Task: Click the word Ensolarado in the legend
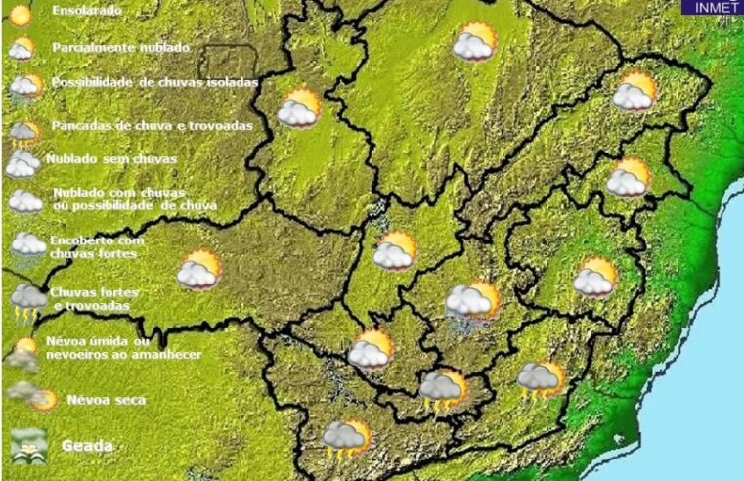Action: pyautogui.click(x=87, y=11)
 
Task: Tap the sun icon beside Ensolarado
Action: pyautogui.click(x=21, y=14)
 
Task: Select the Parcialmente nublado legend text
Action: pyautogui.click(x=120, y=47)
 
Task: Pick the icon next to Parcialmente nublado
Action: pyautogui.click(x=22, y=49)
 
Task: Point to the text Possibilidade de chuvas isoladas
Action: pyautogui.click(x=154, y=83)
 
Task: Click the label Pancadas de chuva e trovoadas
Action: pyautogui.click(x=152, y=126)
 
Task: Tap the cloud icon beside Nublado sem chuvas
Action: pyautogui.click(x=22, y=162)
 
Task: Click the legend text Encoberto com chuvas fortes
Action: pyautogui.click(x=96, y=246)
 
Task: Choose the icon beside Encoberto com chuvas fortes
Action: pyautogui.click(x=27, y=245)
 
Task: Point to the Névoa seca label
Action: pyautogui.click(x=106, y=400)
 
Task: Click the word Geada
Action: pyautogui.click(x=87, y=446)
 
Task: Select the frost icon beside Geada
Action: pyautogui.click(x=28, y=445)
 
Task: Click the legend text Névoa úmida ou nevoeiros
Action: pyautogui.click(x=112, y=347)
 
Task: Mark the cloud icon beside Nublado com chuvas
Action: pyautogui.click(x=25, y=201)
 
